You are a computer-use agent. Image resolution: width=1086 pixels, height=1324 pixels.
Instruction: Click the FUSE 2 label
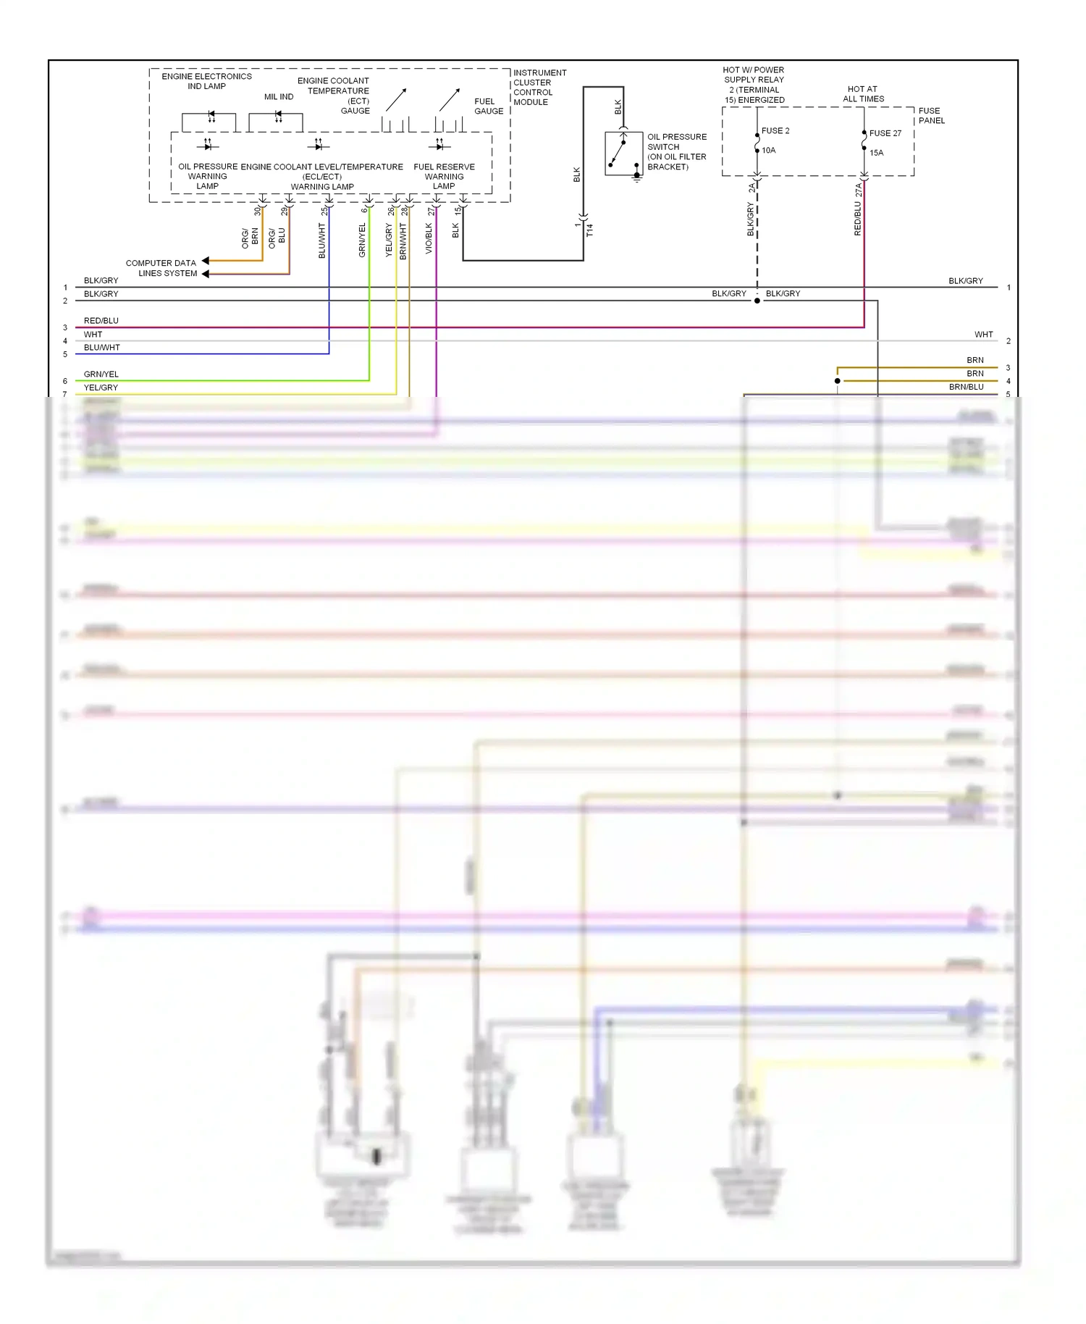click(775, 131)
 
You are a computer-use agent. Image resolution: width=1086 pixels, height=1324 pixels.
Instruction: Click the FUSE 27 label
click(885, 133)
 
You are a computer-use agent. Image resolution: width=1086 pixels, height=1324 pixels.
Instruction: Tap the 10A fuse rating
click(768, 151)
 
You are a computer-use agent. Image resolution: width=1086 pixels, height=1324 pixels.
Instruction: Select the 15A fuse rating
click(876, 153)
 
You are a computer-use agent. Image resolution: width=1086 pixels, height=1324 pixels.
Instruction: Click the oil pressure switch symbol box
click(623, 153)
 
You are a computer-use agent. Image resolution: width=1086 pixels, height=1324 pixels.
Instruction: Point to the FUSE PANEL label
click(931, 116)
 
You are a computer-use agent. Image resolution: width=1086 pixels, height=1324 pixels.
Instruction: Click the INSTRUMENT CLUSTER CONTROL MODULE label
click(539, 88)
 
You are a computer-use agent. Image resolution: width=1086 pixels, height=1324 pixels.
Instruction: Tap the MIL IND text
click(279, 97)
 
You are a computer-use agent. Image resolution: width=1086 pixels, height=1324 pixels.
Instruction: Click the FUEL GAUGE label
click(489, 106)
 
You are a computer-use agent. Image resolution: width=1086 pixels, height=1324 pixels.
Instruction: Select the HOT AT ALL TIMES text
click(863, 94)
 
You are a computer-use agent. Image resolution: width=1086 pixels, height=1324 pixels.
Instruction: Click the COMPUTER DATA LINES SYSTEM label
click(161, 268)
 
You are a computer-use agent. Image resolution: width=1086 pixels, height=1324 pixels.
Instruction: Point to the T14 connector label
click(589, 230)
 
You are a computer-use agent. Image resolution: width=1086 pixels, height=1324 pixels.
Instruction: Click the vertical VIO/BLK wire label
click(429, 238)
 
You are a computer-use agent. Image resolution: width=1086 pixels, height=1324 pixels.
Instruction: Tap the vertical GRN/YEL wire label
click(362, 240)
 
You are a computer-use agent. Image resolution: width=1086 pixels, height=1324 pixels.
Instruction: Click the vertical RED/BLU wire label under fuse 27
click(858, 218)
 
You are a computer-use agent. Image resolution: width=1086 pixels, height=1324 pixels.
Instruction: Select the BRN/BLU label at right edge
click(966, 387)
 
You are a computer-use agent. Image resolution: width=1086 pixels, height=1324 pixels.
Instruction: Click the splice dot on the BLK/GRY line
click(757, 301)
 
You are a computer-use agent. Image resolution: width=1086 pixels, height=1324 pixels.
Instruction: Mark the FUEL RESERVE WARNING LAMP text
click(444, 177)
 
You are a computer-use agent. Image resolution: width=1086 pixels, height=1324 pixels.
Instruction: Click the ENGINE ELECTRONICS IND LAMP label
click(206, 81)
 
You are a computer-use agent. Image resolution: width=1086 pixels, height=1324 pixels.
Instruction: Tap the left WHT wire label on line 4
click(93, 335)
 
